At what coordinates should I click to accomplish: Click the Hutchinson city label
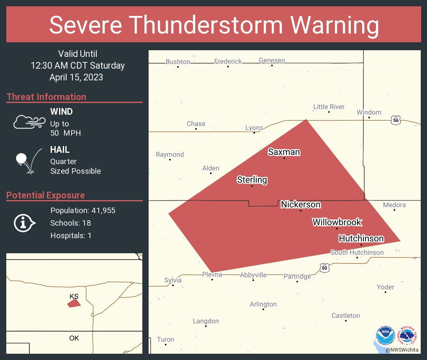point(361,239)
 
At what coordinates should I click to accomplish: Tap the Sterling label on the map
point(252,180)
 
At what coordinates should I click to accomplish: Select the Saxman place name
point(284,152)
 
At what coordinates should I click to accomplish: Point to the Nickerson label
point(301,204)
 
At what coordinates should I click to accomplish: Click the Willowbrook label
point(337,222)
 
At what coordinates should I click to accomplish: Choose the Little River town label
point(329,107)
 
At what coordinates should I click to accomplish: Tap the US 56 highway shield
point(396,120)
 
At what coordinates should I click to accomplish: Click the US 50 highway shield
point(324,267)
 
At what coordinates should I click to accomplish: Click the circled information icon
point(24,223)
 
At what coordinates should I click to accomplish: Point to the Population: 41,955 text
point(83,210)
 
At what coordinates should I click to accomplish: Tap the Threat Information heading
point(46,97)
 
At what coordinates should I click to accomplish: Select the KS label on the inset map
point(74,296)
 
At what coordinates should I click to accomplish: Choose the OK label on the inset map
point(74,338)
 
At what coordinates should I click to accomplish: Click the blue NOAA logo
point(385,335)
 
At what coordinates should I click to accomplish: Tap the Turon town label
point(165,339)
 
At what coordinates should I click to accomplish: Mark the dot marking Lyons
point(255,133)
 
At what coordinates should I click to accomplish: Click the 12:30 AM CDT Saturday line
point(77,65)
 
